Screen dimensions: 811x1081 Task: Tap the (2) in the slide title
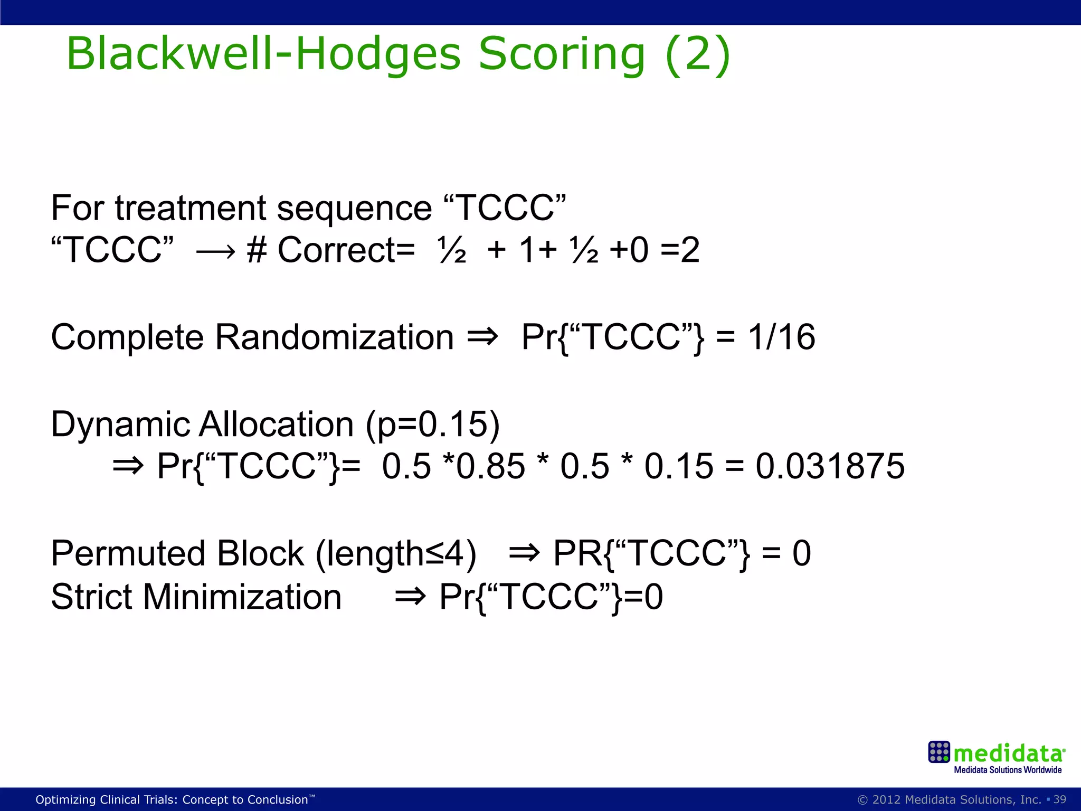coord(697,54)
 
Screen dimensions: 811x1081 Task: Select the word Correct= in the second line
coord(346,250)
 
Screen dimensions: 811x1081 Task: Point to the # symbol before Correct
coord(257,250)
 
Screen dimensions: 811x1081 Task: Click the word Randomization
coord(334,337)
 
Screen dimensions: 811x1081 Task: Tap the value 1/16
coord(781,337)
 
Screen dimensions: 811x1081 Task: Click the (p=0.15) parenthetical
coord(432,425)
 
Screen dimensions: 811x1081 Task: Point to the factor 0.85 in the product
coord(491,466)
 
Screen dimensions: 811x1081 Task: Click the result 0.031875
coord(830,466)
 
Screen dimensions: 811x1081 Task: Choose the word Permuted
coord(127,553)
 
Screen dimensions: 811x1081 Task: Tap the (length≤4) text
coord(396,554)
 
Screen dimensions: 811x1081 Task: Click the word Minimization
coord(242,597)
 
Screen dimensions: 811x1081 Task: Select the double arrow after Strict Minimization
coord(410,597)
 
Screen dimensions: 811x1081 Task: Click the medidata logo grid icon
coord(939,752)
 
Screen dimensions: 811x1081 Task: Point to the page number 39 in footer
coord(1059,799)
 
